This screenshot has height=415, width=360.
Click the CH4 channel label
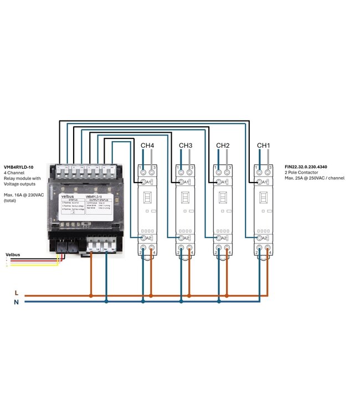point(147,146)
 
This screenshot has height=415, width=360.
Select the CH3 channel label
point(185,146)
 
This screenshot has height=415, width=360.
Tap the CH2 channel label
point(223,146)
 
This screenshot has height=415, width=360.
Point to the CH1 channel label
point(263,146)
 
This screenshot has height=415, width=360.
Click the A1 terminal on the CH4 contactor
point(143,182)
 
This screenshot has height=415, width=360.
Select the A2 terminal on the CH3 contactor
point(182,238)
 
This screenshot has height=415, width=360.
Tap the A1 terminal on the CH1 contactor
point(259,182)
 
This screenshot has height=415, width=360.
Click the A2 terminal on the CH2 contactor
point(219,238)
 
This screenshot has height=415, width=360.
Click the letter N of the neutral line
point(17,302)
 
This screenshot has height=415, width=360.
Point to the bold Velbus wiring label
point(13,255)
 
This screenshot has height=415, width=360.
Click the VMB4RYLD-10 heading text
point(19,167)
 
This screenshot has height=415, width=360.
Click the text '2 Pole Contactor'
point(301,173)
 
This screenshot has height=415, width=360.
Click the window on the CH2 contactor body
point(223,198)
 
